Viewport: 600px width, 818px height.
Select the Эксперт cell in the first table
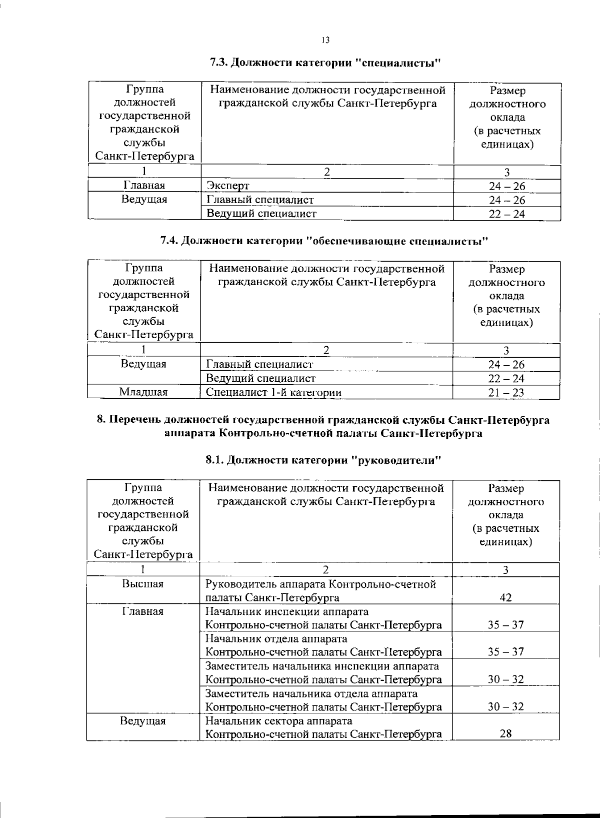228,186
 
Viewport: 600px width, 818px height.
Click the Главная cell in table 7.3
144,186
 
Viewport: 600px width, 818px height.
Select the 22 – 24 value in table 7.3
506,214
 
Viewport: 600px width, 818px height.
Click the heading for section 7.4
323,241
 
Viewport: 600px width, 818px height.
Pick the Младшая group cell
143,392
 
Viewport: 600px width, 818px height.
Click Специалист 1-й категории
274,392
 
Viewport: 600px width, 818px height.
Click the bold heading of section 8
323,426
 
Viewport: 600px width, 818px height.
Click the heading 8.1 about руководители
323,460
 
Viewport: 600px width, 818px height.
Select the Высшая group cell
143,584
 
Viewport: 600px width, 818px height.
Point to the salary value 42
505,597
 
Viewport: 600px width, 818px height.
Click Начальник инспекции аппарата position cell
324,618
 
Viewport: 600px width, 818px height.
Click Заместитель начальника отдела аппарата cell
324,700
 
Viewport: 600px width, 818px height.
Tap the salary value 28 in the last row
505,734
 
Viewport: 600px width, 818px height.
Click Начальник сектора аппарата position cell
324,727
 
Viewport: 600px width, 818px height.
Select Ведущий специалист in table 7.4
260,378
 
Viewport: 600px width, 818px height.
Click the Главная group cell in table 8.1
143,611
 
